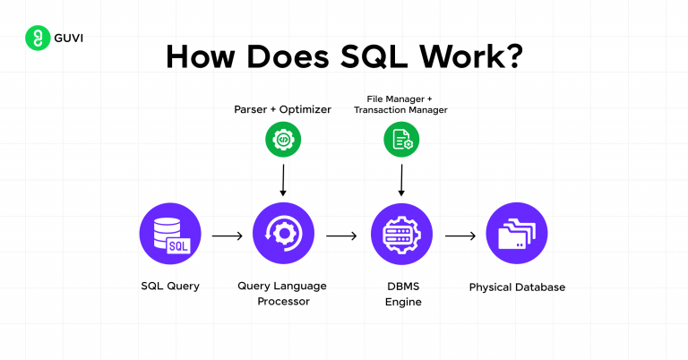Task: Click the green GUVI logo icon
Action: [x=37, y=39]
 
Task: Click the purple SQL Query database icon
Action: [x=170, y=235]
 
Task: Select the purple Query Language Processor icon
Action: [x=282, y=235]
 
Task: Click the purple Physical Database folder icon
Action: [x=517, y=235]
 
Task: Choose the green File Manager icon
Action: [x=400, y=139]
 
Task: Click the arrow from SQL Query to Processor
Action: [x=227, y=236]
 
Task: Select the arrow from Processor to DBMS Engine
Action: [x=341, y=236]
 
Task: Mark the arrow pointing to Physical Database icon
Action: [x=460, y=236]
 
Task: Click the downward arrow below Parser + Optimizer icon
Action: [x=282, y=178]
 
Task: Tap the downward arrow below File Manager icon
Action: [x=400, y=178]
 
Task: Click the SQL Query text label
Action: [x=170, y=287]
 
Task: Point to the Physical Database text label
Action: [x=517, y=287]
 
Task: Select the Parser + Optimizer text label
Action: [x=282, y=109]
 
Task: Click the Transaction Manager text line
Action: [x=400, y=110]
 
